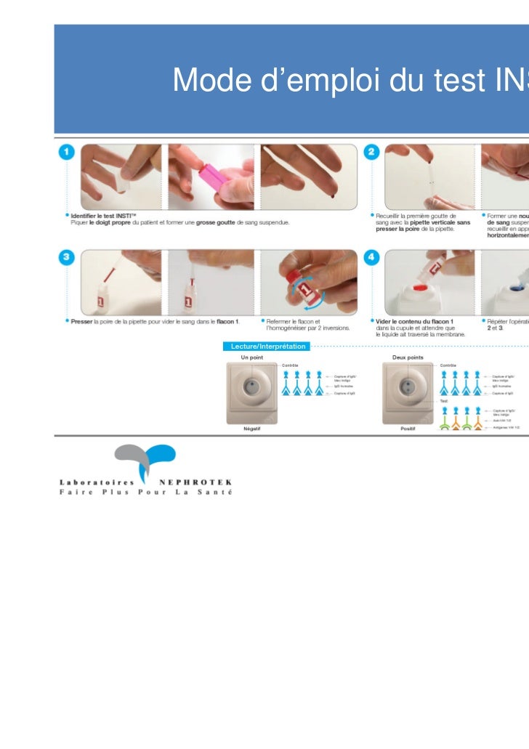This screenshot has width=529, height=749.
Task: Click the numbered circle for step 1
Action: coord(66,152)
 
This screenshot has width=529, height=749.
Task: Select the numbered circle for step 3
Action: coord(66,259)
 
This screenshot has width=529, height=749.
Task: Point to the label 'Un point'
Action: coord(251,357)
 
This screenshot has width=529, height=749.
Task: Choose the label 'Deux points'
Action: coord(408,357)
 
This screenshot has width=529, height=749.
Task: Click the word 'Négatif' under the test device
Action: coord(252,429)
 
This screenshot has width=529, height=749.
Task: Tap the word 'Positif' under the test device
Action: coord(408,429)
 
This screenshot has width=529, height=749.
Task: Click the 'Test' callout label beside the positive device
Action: coord(444,400)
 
